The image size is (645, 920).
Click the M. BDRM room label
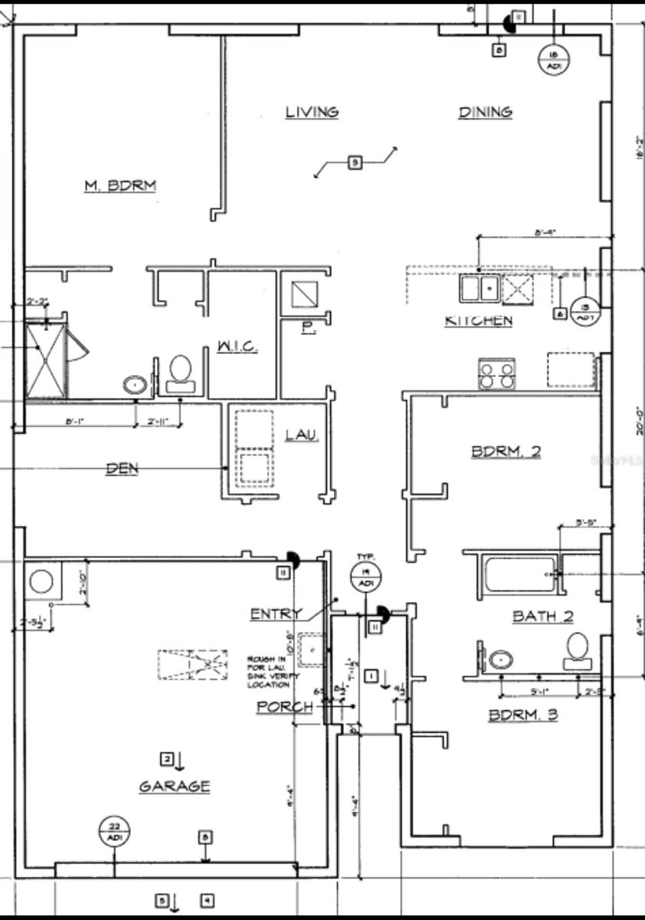120,185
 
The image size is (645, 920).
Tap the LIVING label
312,112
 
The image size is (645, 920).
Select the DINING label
485,112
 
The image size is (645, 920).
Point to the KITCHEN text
479,320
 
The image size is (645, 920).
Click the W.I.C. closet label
237,347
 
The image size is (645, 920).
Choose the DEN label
123,468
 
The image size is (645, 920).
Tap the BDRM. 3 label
523,715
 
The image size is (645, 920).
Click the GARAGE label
175,786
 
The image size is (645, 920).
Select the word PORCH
284,706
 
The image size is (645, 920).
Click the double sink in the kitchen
480,288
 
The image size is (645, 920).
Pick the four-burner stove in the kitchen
496,373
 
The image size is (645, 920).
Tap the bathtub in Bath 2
519,575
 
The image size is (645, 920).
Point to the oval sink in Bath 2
501,659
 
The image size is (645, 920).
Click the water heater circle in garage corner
41,582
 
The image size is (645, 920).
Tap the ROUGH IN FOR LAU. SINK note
268,672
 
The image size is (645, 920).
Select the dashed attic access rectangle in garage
193,665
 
